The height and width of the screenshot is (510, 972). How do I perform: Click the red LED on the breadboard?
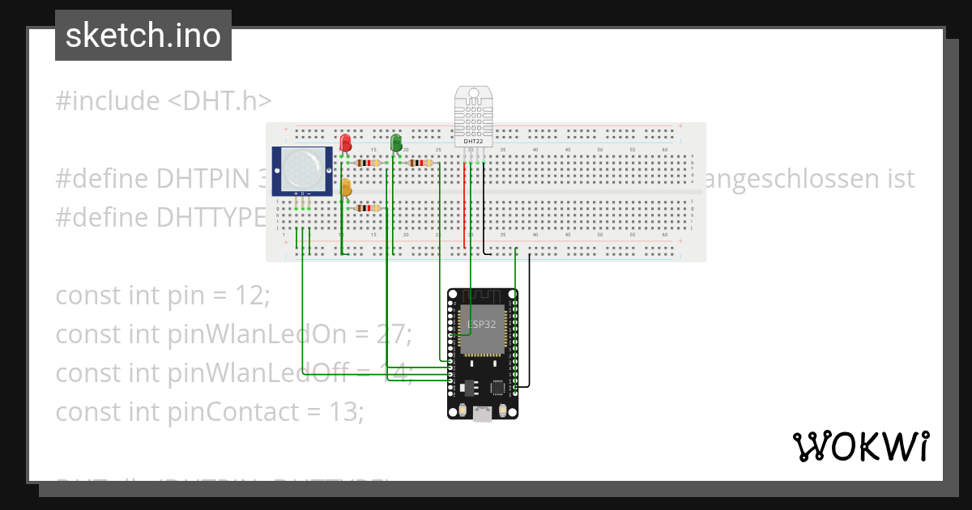click(346, 142)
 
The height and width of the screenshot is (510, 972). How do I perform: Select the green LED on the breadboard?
click(395, 142)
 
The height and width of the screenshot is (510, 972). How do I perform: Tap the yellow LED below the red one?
click(346, 188)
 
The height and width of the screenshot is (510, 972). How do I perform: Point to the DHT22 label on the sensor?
click(472, 142)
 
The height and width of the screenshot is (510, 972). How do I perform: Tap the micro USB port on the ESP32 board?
click(482, 414)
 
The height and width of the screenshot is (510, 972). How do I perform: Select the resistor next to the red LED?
click(369, 163)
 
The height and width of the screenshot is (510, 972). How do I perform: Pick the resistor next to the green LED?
click(420, 163)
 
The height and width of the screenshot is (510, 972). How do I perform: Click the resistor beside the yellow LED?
click(369, 208)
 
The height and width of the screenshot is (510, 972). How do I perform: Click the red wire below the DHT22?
click(465, 202)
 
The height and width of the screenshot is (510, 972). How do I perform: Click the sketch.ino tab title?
click(143, 36)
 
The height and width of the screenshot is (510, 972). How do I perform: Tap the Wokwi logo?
click(860, 447)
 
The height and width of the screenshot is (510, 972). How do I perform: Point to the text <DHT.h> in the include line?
click(220, 101)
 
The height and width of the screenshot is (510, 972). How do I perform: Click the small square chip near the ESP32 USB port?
click(497, 387)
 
